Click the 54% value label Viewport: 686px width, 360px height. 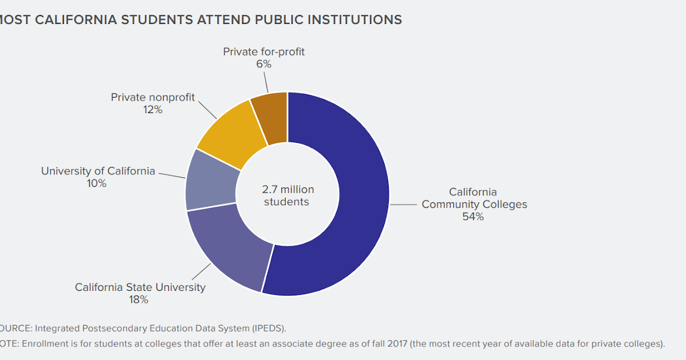click(x=473, y=217)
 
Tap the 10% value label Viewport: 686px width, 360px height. click(x=97, y=183)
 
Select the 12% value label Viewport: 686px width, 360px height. click(x=153, y=110)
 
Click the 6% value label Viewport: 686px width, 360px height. click(x=264, y=65)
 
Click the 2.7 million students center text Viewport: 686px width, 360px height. click(x=288, y=195)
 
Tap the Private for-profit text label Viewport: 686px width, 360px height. click(x=264, y=52)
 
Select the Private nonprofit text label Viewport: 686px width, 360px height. click(x=153, y=97)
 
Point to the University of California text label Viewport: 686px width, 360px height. click(x=98, y=171)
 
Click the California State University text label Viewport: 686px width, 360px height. click(x=140, y=287)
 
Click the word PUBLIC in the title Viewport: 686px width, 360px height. click(x=270, y=19)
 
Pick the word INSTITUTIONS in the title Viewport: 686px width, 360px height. click(x=354, y=19)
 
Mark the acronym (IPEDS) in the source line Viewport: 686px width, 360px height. click(x=268, y=328)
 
